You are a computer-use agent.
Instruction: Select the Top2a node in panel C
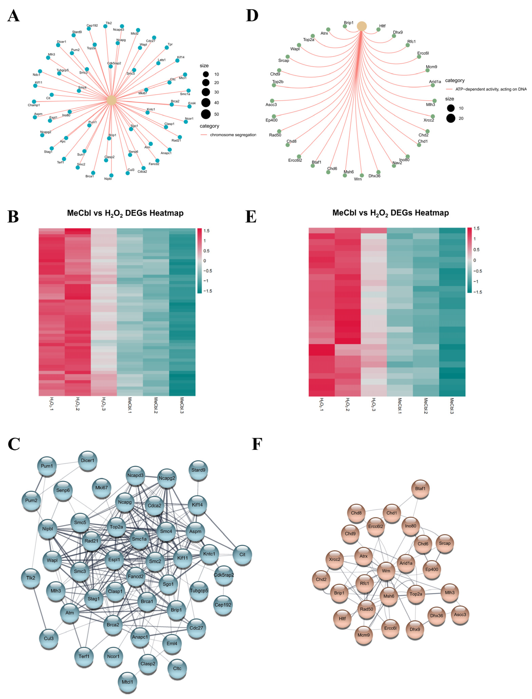[116, 527]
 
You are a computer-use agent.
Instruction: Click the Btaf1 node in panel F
[420, 488]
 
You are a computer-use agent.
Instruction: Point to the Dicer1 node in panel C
[87, 460]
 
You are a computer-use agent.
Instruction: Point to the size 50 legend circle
[206, 114]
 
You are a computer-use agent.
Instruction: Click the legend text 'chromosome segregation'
[233, 135]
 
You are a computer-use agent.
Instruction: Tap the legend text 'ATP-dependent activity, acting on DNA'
[491, 89]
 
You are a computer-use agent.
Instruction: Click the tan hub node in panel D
[362, 26]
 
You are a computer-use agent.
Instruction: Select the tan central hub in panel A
[111, 101]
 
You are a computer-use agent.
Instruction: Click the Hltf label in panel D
[382, 26]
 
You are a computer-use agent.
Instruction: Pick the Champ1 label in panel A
[34, 105]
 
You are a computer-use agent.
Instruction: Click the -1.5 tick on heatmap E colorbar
[477, 292]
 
